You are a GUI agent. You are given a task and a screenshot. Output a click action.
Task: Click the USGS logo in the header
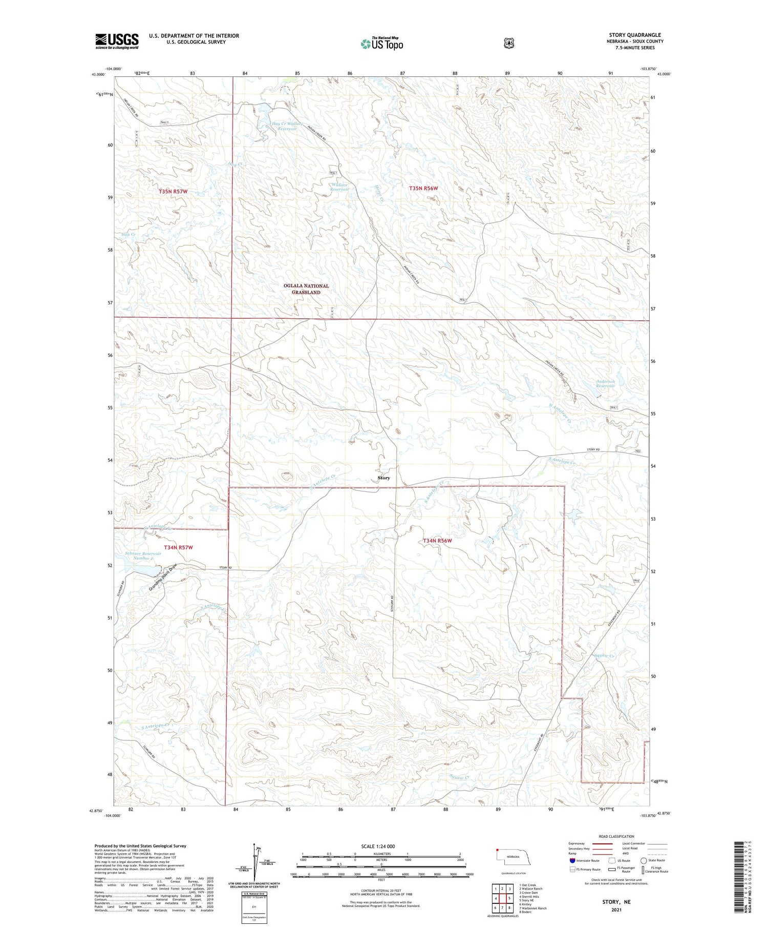117,41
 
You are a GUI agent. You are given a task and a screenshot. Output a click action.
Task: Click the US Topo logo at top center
381,44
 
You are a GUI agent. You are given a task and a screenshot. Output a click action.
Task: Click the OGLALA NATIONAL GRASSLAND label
306,289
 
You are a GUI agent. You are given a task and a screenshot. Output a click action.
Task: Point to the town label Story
383,478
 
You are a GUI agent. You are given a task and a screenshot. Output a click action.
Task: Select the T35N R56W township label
423,189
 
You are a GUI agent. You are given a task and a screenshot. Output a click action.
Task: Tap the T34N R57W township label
178,547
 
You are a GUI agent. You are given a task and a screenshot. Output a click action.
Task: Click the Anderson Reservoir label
605,383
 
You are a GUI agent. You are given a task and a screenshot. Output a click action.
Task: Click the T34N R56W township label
437,541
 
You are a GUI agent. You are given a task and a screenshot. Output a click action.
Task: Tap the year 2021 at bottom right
616,910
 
